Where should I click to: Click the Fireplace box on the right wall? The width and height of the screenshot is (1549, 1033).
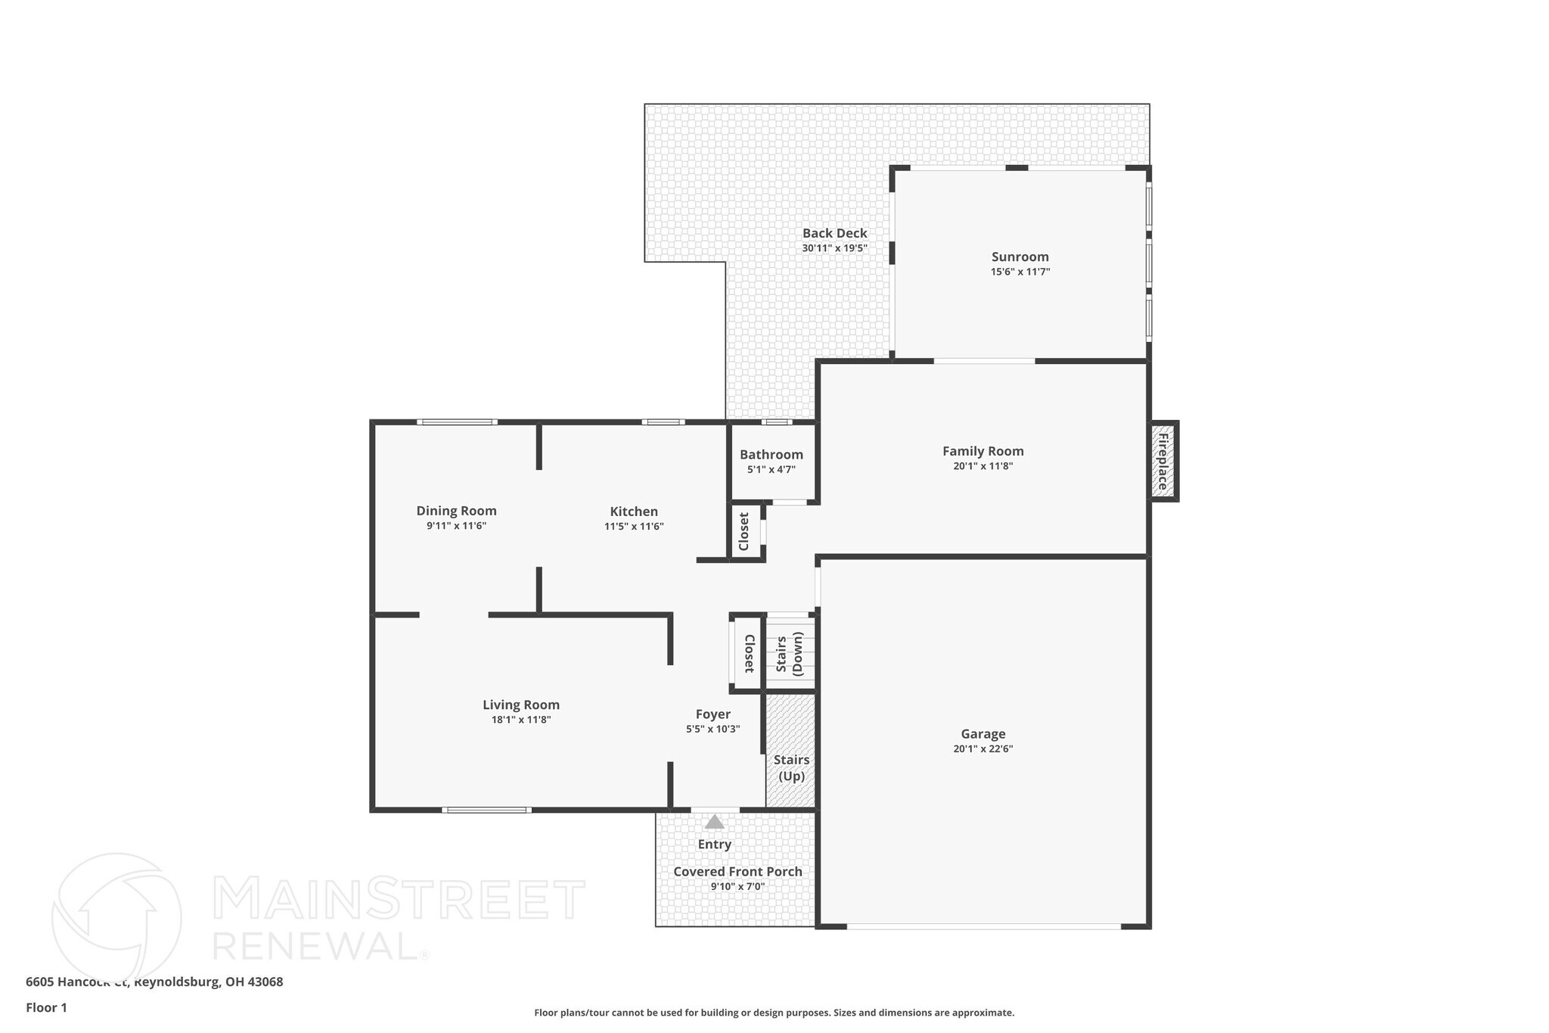click(1163, 461)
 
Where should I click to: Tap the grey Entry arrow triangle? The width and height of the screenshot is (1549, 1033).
click(714, 822)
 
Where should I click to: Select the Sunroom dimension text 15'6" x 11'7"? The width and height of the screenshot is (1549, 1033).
click(1020, 272)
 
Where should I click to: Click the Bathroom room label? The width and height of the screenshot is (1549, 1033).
click(771, 455)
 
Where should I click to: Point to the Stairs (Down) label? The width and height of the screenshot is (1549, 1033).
click(790, 655)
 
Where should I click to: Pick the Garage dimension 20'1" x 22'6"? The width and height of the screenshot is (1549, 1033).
click(982, 749)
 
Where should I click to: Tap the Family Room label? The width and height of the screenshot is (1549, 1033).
click(982, 451)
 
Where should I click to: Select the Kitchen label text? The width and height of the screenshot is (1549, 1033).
click(634, 512)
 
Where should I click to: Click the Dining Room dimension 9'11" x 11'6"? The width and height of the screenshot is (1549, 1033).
click(456, 526)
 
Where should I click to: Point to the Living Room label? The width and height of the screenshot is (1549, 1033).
click(521, 705)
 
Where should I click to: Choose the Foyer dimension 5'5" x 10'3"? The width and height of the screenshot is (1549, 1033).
click(712, 729)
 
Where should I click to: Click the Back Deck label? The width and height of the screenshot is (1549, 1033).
click(834, 233)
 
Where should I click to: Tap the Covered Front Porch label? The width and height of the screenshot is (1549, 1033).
click(737, 872)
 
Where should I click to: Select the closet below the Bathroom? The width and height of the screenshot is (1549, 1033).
click(744, 532)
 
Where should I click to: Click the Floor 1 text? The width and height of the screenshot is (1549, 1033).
click(46, 1007)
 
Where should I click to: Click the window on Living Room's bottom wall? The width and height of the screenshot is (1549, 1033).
click(486, 810)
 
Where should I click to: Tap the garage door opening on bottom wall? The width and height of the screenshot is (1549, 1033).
click(983, 926)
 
